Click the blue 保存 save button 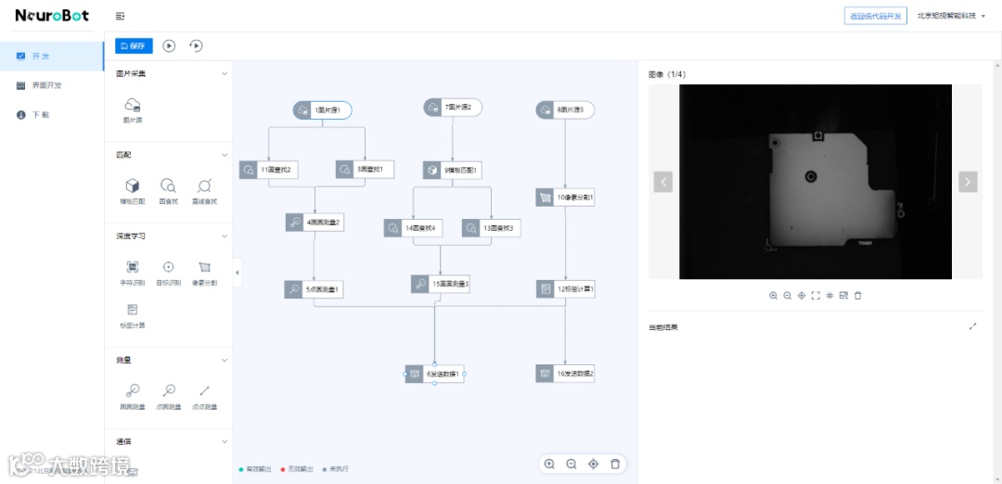[x=134, y=45]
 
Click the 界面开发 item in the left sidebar [x=46, y=85]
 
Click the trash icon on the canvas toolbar [x=615, y=464]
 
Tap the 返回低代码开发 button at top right [x=875, y=16]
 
